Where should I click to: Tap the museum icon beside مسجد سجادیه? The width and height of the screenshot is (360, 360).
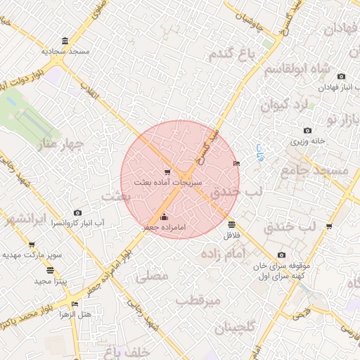(65, 41)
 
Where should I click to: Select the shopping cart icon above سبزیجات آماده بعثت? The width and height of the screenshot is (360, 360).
(167, 171)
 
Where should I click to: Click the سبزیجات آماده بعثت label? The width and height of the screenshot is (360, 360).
(167, 181)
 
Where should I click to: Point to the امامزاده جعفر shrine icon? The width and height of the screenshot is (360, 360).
(165, 217)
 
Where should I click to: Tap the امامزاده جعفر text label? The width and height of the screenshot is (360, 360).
(165, 227)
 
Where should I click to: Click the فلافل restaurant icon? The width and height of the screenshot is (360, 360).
(232, 224)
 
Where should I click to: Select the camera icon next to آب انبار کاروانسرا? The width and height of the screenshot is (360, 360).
(77, 212)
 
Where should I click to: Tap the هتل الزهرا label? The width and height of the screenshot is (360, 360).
(75, 314)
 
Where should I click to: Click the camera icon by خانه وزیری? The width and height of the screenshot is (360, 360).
(307, 131)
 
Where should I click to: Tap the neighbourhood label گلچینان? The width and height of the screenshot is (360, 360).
(232, 328)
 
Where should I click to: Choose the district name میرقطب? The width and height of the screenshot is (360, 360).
(198, 301)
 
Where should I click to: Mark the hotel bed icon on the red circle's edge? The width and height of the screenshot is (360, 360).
(236, 163)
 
